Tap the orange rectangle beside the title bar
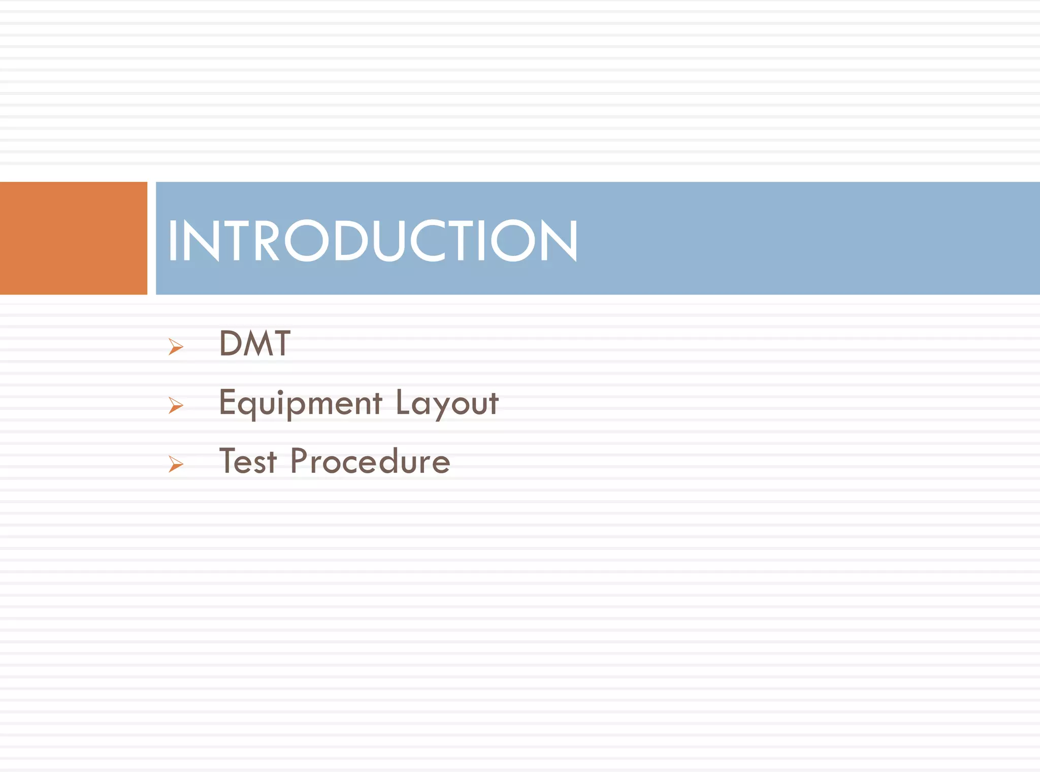tap(73, 238)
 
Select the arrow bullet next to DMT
tap(176, 347)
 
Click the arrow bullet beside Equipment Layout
tap(176, 405)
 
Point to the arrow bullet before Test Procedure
tap(176, 464)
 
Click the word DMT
tap(254, 344)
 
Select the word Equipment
tap(300, 403)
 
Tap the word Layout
tap(447, 403)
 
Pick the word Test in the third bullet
tap(248, 462)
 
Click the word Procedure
tap(370, 462)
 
